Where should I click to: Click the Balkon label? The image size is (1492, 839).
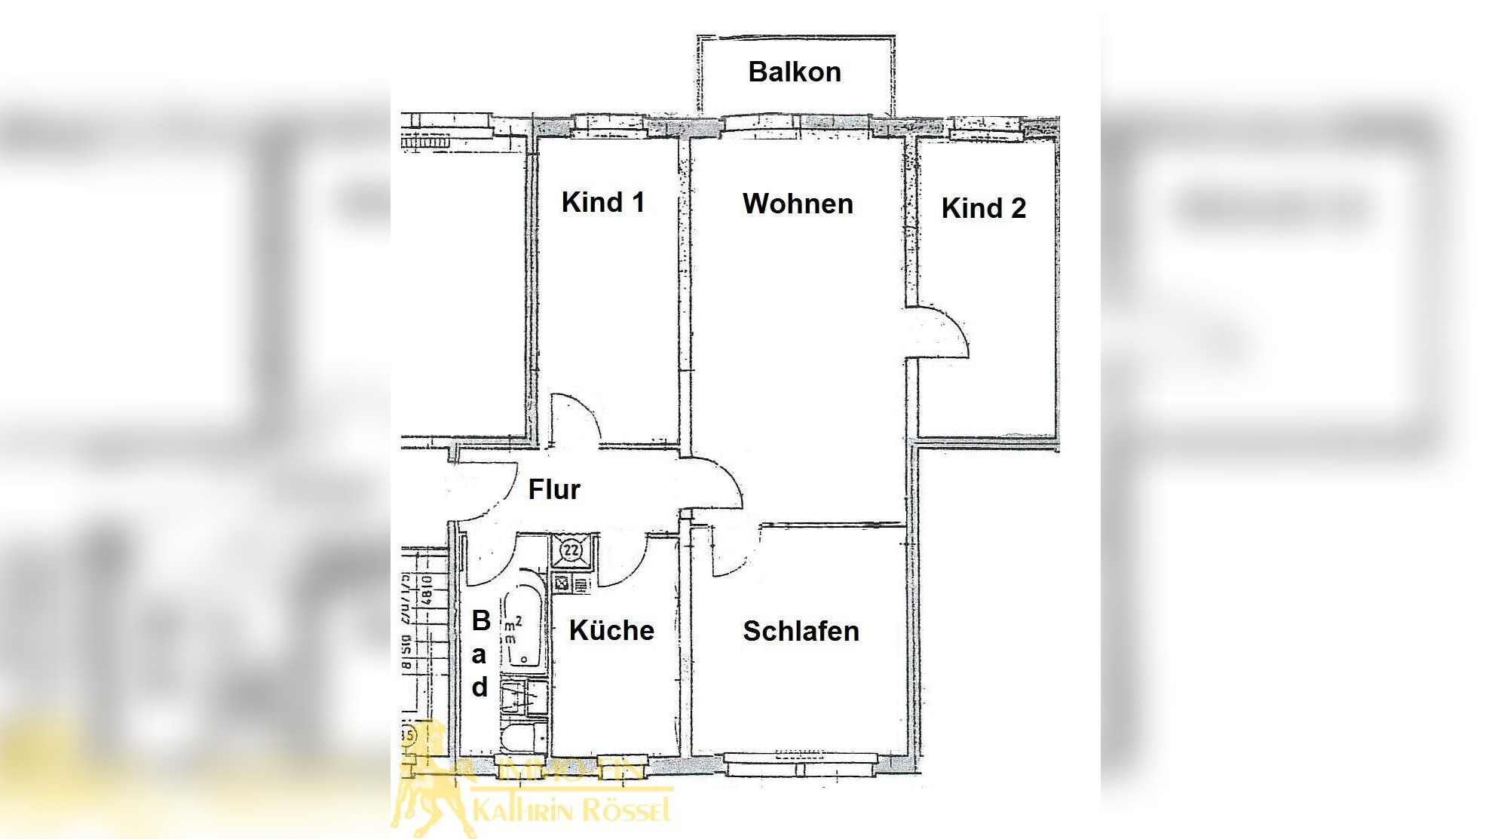794,72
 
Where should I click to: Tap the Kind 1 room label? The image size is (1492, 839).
602,202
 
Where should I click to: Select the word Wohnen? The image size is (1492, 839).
798,204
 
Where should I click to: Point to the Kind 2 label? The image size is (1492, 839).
983,208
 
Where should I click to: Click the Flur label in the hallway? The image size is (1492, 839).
554,489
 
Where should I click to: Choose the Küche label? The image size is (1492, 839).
611,630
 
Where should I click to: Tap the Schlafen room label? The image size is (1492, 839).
801,631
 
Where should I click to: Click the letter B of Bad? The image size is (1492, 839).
481,620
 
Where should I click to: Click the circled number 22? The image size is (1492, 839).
572,550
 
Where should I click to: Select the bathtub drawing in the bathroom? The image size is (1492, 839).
522,629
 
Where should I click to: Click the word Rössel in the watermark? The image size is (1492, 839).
623,810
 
